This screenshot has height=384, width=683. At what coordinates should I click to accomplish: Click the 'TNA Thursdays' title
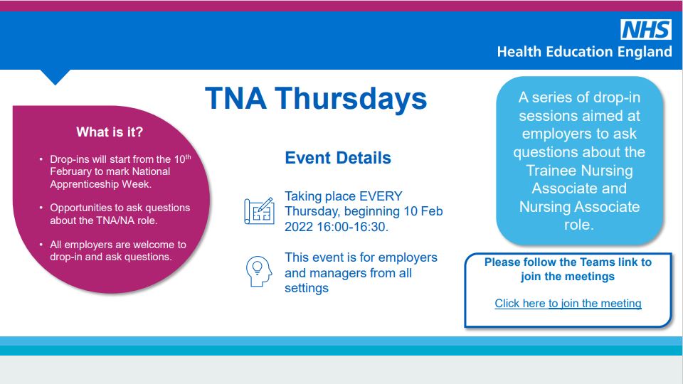pyautogui.click(x=316, y=99)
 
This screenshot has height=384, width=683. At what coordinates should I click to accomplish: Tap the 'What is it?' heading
pyautogui.click(x=110, y=132)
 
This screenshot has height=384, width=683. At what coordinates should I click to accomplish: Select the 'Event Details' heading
pyautogui.click(x=338, y=158)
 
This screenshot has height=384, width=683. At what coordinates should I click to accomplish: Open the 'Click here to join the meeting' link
pyautogui.click(x=568, y=304)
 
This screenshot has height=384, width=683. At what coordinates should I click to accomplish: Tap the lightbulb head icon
pyautogui.click(x=259, y=271)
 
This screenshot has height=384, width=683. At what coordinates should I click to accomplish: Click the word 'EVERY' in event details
pyautogui.click(x=381, y=196)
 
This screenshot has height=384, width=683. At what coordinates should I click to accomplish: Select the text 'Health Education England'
pyautogui.click(x=583, y=52)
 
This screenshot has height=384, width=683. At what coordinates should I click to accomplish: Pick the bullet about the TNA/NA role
pyautogui.click(x=120, y=214)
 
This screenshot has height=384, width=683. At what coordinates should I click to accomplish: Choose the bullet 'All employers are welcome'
pyautogui.click(x=117, y=250)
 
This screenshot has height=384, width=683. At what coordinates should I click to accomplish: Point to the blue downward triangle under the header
pyautogui.click(x=55, y=76)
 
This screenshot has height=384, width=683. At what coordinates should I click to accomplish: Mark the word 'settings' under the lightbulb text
pyautogui.click(x=307, y=288)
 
